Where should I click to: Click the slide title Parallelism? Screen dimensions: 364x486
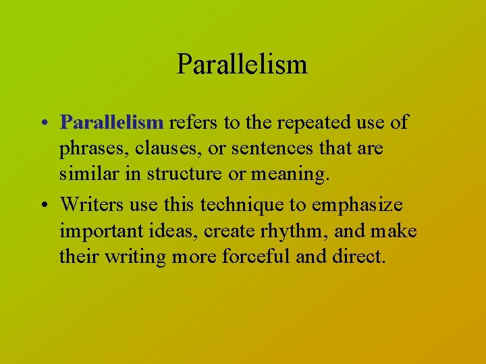[242, 65]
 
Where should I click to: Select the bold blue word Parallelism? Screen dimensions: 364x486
[111, 123]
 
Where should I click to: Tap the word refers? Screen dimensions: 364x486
[192, 123]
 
